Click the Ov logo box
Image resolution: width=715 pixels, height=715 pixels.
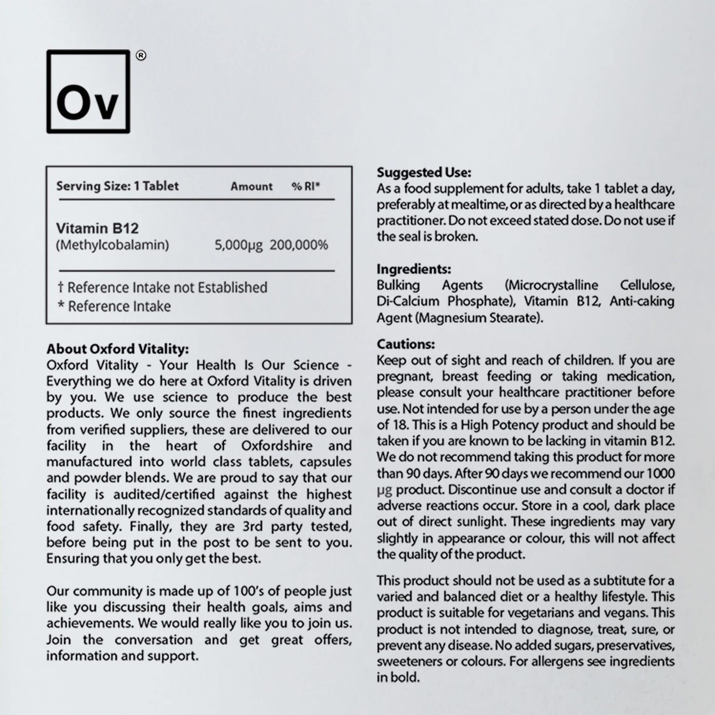point(88,92)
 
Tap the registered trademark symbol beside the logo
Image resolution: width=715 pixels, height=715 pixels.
point(141,56)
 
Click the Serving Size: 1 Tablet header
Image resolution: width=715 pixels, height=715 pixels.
point(117,186)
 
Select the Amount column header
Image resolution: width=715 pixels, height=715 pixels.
point(251,187)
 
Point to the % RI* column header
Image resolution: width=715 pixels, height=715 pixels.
point(306,187)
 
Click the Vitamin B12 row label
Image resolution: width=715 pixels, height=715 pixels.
point(97,228)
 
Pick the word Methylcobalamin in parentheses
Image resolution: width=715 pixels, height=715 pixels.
point(112,245)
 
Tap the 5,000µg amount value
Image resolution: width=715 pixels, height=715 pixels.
point(238,245)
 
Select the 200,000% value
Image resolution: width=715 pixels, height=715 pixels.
point(299,245)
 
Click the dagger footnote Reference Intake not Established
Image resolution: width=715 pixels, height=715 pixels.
point(163,287)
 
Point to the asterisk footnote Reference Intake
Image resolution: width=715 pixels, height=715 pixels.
point(114,306)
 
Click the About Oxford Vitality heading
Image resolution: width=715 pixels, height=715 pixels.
point(118,349)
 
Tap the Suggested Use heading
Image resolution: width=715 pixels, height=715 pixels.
point(424,172)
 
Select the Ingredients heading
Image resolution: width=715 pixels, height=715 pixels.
point(414,269)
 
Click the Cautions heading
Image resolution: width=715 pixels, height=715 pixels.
point(406,344)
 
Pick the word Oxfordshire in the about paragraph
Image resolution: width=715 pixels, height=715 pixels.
point(277,445)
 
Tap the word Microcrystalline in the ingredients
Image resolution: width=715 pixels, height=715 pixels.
point(552,286)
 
